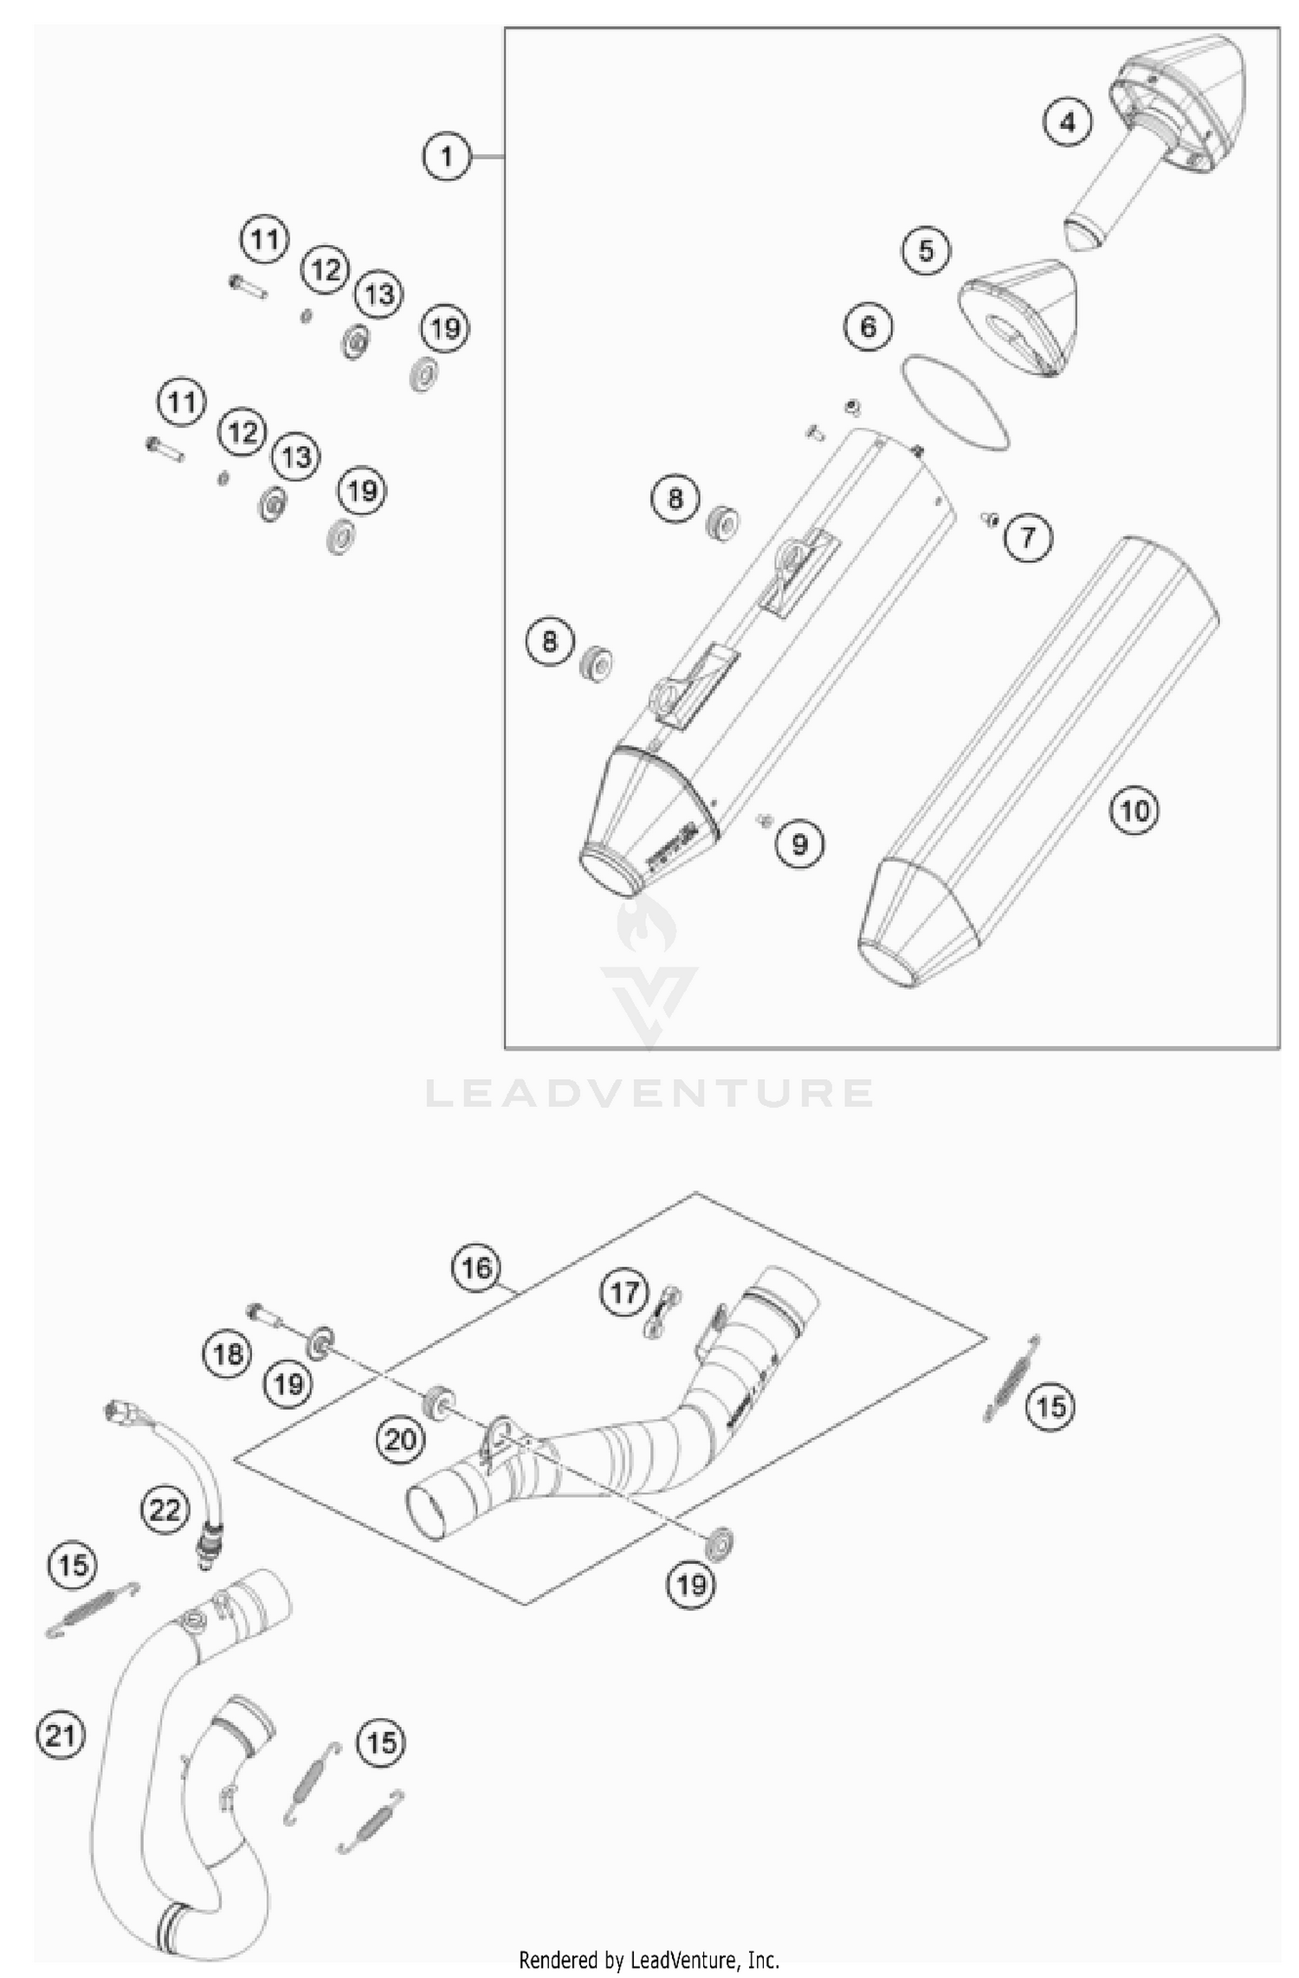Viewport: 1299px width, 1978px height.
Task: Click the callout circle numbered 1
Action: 447,157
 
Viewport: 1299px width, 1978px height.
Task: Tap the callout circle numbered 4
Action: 1067,123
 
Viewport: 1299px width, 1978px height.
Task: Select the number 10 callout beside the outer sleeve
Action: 1134,811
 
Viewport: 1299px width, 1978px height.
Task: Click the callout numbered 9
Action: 799,843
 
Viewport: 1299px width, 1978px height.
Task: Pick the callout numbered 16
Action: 475,1269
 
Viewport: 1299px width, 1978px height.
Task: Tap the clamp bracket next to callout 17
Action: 663,1313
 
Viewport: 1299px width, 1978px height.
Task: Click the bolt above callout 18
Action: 263,1315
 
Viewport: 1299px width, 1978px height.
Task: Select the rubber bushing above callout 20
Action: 439,1402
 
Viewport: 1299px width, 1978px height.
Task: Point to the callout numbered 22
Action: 165,1510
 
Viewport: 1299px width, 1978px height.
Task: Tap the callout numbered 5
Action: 926,251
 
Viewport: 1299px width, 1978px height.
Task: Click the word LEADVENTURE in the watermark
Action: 649,1093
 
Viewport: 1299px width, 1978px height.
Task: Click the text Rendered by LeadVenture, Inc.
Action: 649,1959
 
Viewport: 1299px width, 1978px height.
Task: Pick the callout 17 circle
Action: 624,1293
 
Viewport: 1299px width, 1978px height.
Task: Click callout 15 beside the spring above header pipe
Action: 73,1565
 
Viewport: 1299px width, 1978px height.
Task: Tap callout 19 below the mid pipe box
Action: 690,1585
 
